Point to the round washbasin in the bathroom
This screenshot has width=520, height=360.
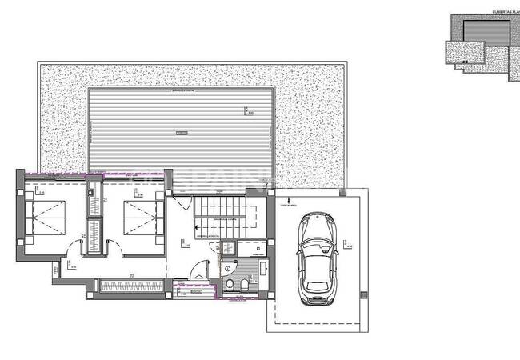228,268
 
